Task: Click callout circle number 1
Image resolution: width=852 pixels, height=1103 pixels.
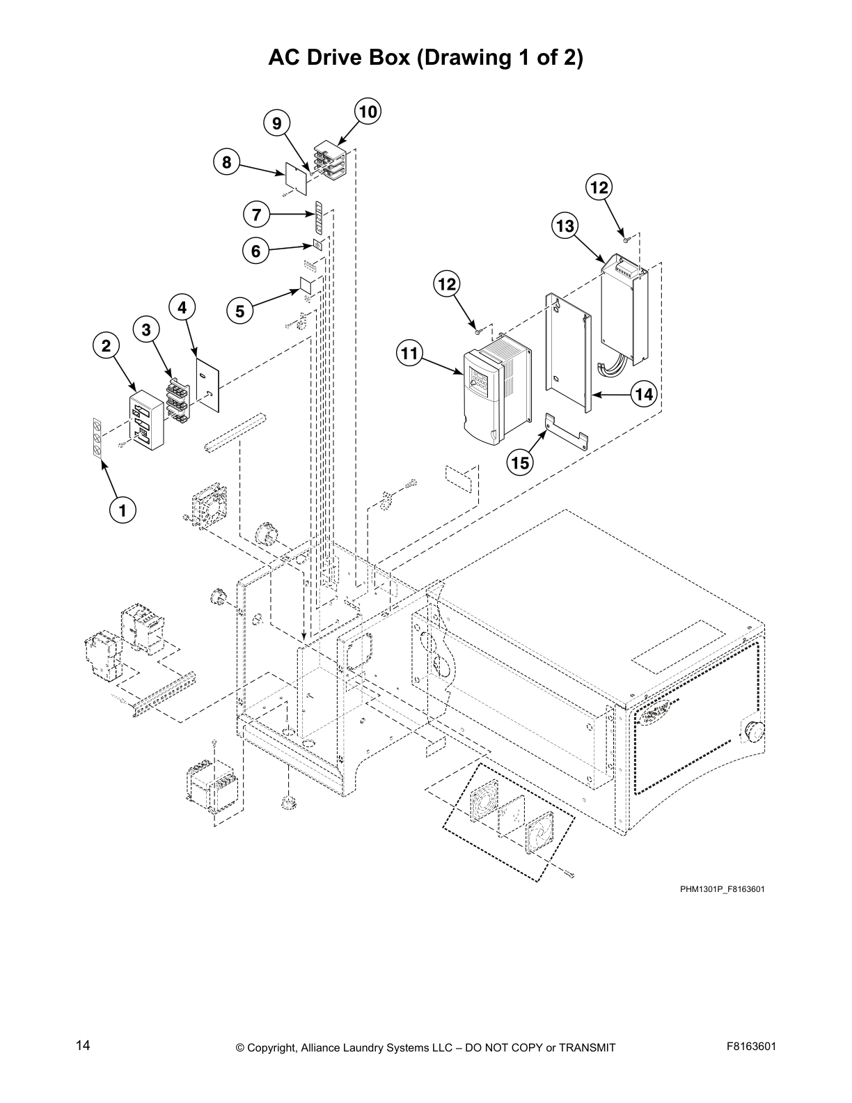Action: click(123, 510)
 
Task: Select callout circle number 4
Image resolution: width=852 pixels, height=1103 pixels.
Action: click(182, 307)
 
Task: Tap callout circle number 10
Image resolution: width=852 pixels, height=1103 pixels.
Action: click(368, 111)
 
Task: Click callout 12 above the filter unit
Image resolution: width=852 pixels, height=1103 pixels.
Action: click(599, 187)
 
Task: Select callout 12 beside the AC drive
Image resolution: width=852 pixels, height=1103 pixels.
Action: click(447, 283)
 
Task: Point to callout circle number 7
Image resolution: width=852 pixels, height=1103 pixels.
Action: click(257, 214)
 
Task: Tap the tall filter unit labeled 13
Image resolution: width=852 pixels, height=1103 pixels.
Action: click(624, 310)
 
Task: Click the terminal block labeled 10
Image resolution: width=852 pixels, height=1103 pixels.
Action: click(330, 161)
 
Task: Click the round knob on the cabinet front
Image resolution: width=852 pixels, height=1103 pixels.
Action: click(752, 731)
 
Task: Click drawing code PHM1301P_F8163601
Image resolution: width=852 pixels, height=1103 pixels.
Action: click(723, 889)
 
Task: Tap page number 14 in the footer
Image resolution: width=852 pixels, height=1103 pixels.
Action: click(83, 1045)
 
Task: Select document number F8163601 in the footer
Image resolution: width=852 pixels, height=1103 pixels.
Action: click(751, 1046)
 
